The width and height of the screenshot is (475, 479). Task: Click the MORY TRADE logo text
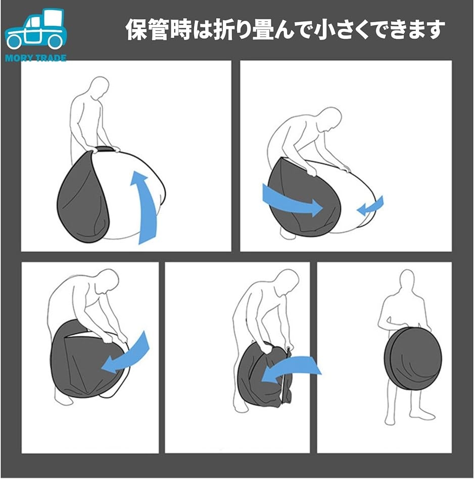pos(36,58)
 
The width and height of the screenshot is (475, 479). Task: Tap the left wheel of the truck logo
pos(15,41)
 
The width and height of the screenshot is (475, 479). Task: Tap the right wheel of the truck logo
pos(55,41)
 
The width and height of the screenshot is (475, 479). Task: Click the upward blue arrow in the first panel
pos(145,208)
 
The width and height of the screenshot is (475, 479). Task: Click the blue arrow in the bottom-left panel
pos(125,354)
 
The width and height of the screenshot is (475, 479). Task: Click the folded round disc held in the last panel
pos(413,358)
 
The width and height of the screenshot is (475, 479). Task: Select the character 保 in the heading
pos(137,30)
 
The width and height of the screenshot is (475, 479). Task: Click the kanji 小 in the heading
pos(325,30)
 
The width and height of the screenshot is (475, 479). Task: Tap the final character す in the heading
pos(435,30)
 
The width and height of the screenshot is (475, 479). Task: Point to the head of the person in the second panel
pos(331,119)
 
